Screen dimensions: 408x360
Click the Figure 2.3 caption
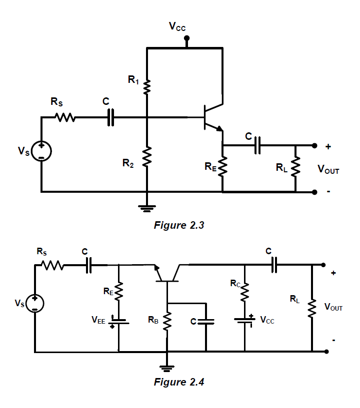[x=179, y=225]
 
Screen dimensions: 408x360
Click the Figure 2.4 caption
[x=179, y=382]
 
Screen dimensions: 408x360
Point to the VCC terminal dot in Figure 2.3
[x=186, y=38]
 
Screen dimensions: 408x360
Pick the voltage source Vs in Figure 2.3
[x=41, y=151]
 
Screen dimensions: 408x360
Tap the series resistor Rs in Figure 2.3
[x=65, y=118]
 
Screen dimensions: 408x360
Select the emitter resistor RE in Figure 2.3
[x=222, y=166]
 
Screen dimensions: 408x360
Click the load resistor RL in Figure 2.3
[x=295, y=166]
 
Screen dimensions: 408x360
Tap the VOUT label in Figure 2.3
[x=328, y=170]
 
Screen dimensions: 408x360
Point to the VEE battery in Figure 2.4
[x=119, y=321]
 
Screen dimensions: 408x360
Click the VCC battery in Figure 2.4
[x=245, y=320]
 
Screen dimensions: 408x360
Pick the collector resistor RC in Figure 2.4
[x=245, y=293]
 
